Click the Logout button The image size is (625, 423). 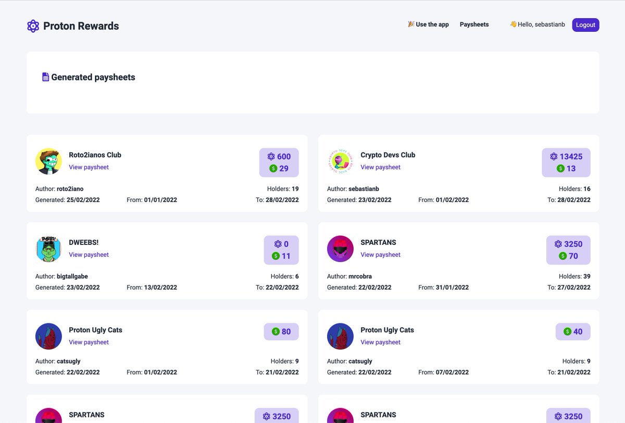coord(585,25)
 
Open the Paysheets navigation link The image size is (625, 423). coord(474,24)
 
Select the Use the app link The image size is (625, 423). coord(428,24)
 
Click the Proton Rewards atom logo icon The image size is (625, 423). coord(33,26)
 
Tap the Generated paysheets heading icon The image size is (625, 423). coord(46,77)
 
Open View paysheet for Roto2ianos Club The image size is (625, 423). coord(89,167)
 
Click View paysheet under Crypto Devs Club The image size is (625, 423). coord(380,167)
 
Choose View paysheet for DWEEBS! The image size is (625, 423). coord(89,255)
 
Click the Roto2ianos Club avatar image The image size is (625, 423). coord(49,161)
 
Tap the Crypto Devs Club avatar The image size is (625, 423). coord(341,161)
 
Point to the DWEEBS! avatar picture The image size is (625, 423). coord(49,248)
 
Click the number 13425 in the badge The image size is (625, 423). coord(571,156)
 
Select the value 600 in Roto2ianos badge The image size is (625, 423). coord(284,156)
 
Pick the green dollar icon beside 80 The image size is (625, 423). coord(276,331)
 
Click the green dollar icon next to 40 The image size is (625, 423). coord(567,331)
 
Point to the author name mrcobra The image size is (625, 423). coord(360,277)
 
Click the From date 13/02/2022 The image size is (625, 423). coord(160,288)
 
